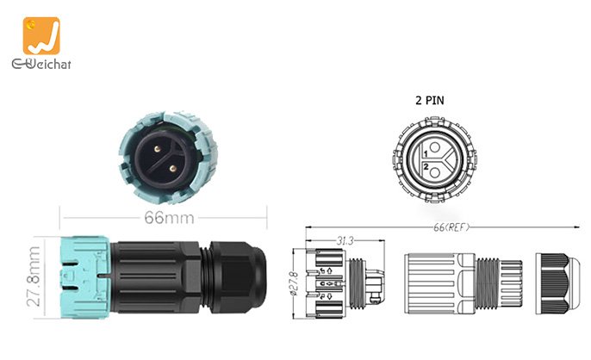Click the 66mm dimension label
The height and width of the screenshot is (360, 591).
tap(168, 218)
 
